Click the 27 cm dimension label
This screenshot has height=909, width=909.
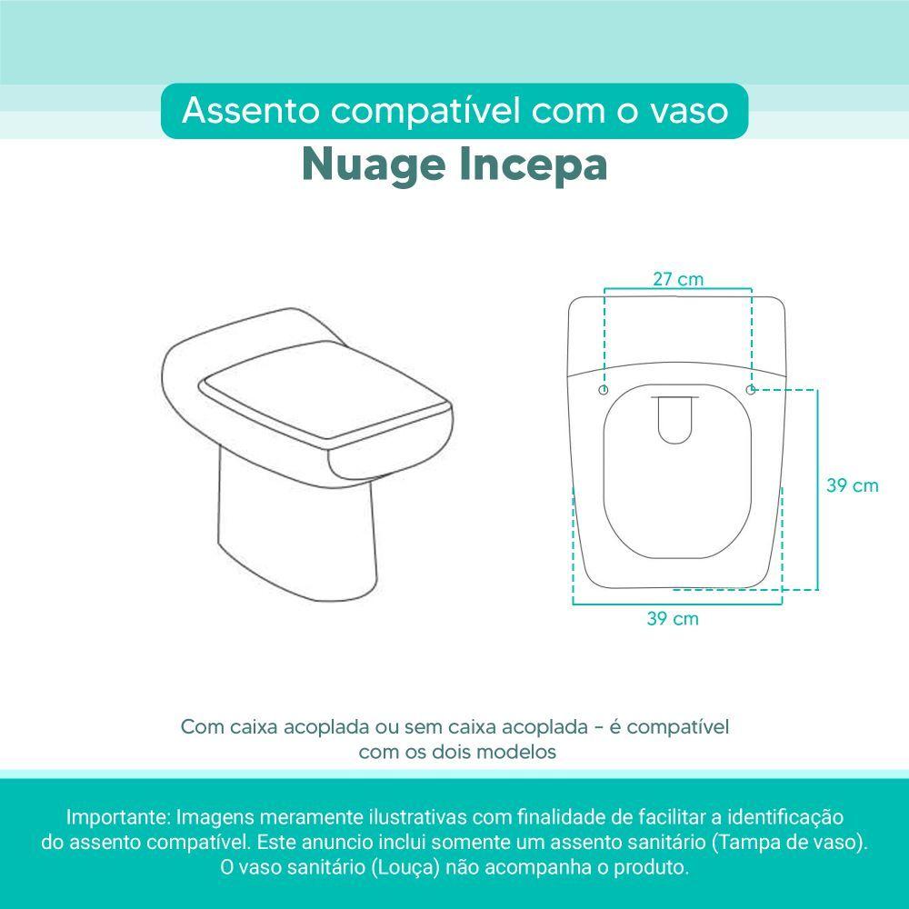click(678, 279)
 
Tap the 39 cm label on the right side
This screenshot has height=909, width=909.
click(853, 485)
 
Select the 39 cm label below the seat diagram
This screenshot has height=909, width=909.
click(673, 618)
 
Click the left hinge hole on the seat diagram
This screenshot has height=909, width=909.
click(604, 390)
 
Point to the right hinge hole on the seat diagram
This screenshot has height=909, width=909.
click(750, 390)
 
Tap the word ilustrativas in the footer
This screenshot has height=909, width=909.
click(418, 817)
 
